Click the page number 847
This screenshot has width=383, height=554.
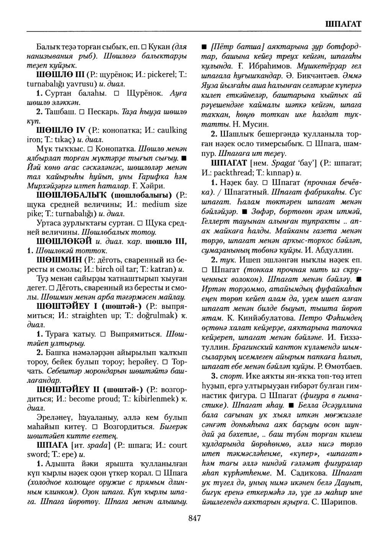pyautogui.click(x=195, y=518)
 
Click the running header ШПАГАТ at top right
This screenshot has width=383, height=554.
pyautogui.click(x=343, y=24)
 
